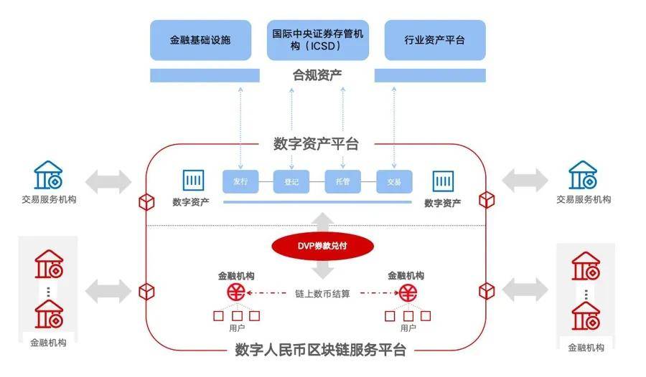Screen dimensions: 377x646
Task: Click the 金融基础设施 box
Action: (200, 40)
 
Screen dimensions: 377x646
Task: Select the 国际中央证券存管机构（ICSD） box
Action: (317, 40)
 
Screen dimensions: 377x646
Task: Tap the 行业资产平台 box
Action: (434, 40)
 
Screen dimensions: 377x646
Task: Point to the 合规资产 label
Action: (317, 75)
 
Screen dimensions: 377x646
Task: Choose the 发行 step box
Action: (240, 182)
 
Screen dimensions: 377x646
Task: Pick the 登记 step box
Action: (291, 182)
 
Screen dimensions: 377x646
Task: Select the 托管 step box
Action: (342, 182)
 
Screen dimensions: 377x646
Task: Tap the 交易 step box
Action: (394, 182)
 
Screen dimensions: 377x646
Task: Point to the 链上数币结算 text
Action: (322, 293)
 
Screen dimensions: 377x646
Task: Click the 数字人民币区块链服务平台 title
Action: (321, 350)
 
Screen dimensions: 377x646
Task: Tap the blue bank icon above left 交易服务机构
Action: (49, 176)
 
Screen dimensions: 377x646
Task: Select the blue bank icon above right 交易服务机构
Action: (584, 176)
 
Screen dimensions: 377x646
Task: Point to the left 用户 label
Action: (237, 328)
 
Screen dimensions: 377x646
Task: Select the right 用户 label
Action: (408, 328)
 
